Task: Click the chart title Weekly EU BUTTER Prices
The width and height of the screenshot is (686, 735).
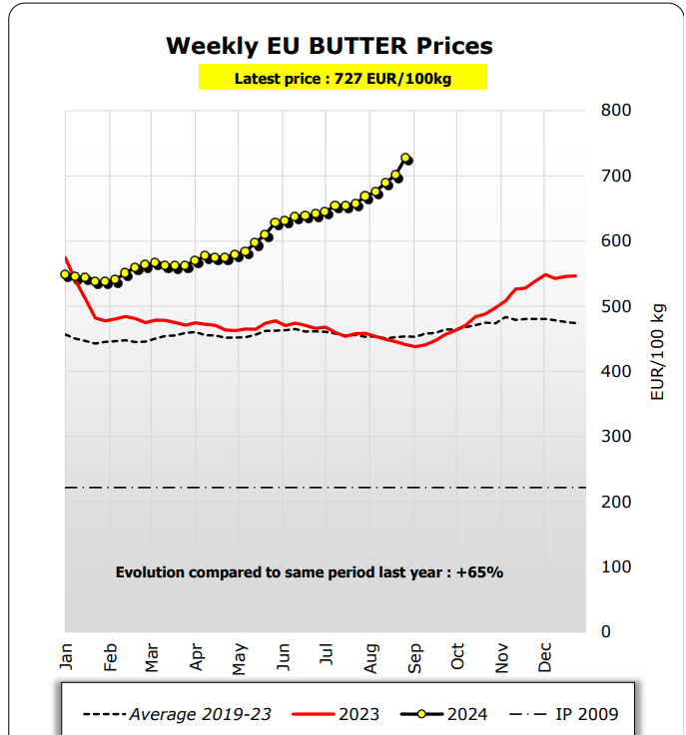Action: coord(329,46)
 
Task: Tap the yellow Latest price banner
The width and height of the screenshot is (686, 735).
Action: coord(343,78)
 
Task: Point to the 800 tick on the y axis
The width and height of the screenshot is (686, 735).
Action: coord(616,111)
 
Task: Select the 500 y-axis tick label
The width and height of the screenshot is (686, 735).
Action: coord(616,306)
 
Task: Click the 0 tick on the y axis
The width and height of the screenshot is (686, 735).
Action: coord(606,631)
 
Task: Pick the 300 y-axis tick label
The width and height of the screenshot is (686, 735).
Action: coord(616,436)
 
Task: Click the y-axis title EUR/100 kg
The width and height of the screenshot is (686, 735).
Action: coord(657,351)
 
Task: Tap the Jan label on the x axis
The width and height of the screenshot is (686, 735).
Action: coord(67,657)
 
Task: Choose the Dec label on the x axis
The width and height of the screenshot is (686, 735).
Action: coord(546,657)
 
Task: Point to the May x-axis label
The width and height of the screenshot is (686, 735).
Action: coord(241,657)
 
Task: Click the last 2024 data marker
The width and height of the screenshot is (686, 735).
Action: coord(406,159)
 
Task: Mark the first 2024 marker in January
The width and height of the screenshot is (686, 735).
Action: coord(66,274)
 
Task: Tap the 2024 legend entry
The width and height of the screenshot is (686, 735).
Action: coord(450,714)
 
